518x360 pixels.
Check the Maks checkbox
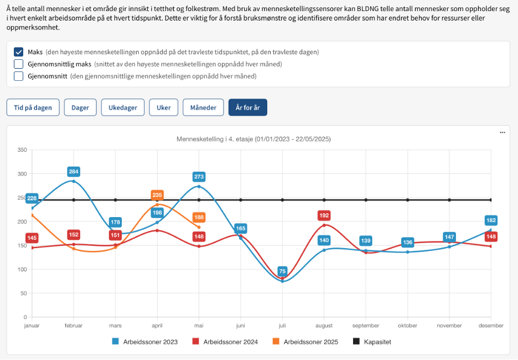click(18, 52)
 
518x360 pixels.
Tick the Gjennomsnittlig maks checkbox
click(18, 64)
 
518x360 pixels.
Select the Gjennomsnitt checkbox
click(18, 76)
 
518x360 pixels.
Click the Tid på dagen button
click(33, 107)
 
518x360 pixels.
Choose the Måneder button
click(203, 107)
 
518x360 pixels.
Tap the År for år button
click(247, 107)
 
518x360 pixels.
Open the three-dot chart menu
click(503, 133)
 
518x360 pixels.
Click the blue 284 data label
click(74, 171)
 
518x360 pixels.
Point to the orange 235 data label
click(157, 195)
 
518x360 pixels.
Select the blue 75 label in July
click(282, 271)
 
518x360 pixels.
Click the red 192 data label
click(324, 215)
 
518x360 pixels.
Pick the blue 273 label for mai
click(199, 177)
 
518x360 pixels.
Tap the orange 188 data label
click(199, 218)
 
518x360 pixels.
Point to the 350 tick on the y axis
click(22, 150)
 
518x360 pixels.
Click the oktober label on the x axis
click(407, 326)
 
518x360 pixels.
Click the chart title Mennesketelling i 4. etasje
click(253, 139)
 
